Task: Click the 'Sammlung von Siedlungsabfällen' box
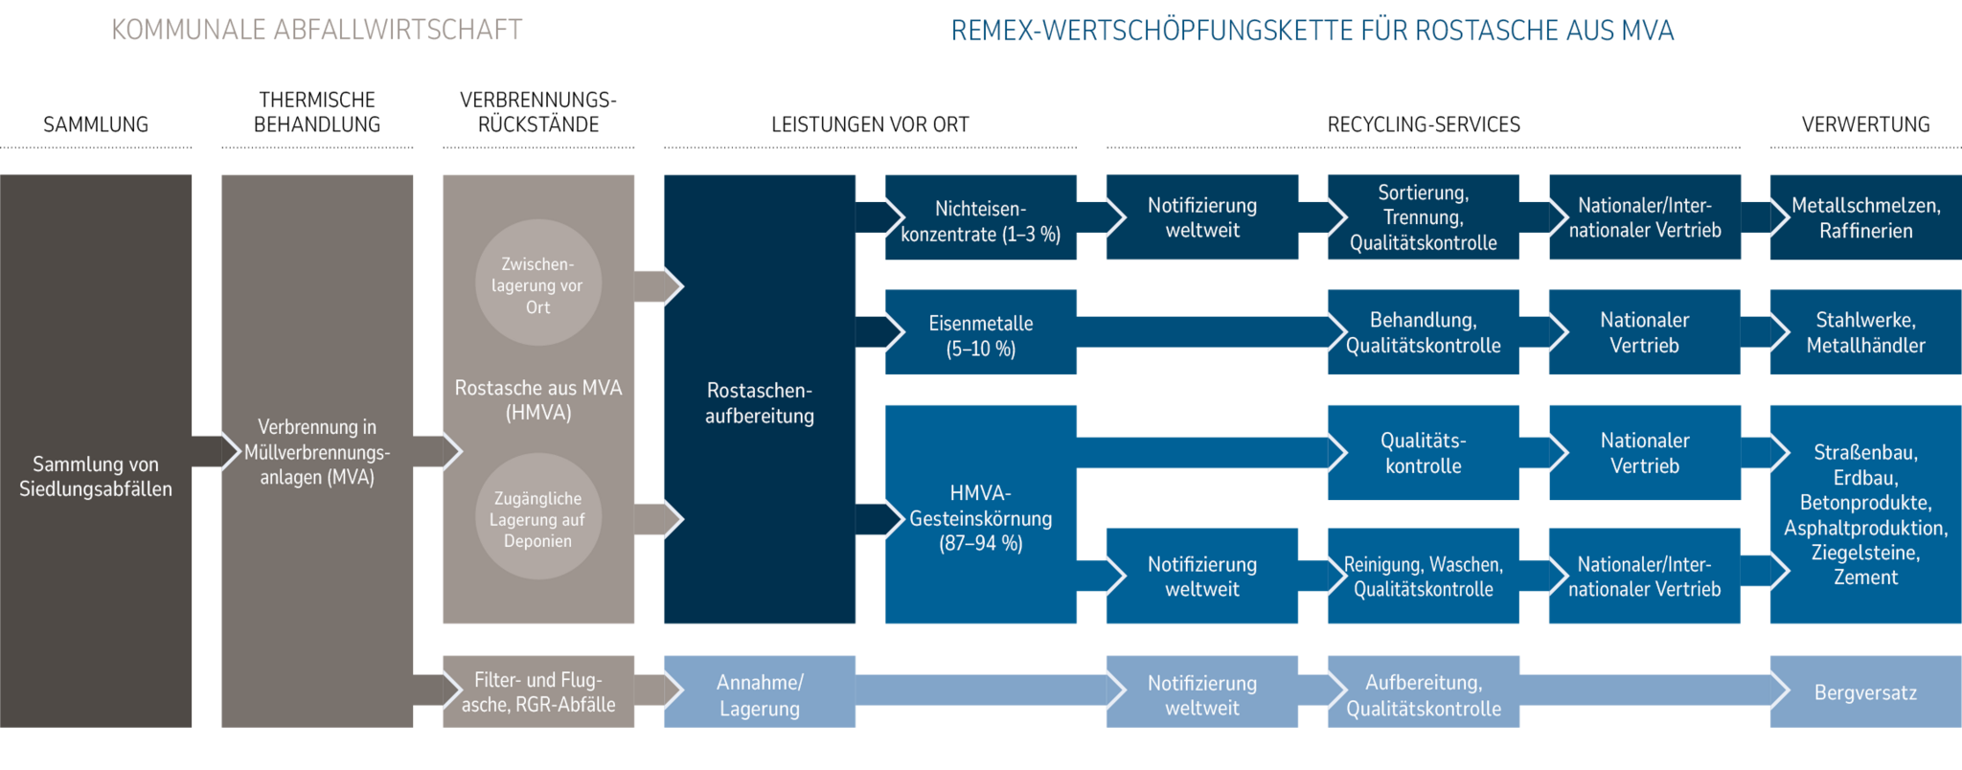click(96, 476)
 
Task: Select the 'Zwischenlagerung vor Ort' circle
click(537, 284)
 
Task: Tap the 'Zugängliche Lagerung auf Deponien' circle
click(537, 518)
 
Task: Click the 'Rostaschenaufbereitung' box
click(760, 402)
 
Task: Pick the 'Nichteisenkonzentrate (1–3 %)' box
click(981, 220)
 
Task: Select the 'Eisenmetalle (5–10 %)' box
click(981, 335)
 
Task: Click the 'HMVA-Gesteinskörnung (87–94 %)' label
click(981, 518)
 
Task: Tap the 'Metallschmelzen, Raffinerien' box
click(1865, 217)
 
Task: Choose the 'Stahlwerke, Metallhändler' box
click(1865, 332)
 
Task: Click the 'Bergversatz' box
click(1865, 692)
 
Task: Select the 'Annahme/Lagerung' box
click(760, 694)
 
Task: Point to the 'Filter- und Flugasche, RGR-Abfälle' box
click(538, 691)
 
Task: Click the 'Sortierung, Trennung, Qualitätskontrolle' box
click(1423, 217)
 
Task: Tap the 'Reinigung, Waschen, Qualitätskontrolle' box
click(1423, 577)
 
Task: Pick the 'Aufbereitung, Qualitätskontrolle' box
click(1423, 694)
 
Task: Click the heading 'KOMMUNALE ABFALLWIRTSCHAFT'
click(316, 30)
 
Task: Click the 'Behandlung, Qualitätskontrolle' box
click(1423, 332)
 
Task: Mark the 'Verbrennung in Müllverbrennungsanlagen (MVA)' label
click(317, 451)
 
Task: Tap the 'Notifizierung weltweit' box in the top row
click(1202, 217)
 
